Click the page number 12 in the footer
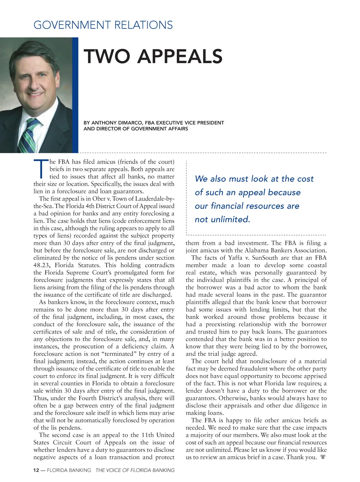pos(36,470)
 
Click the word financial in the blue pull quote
pos(230,206)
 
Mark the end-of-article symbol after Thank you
pos(323,457)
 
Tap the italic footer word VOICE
pos(117,470)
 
